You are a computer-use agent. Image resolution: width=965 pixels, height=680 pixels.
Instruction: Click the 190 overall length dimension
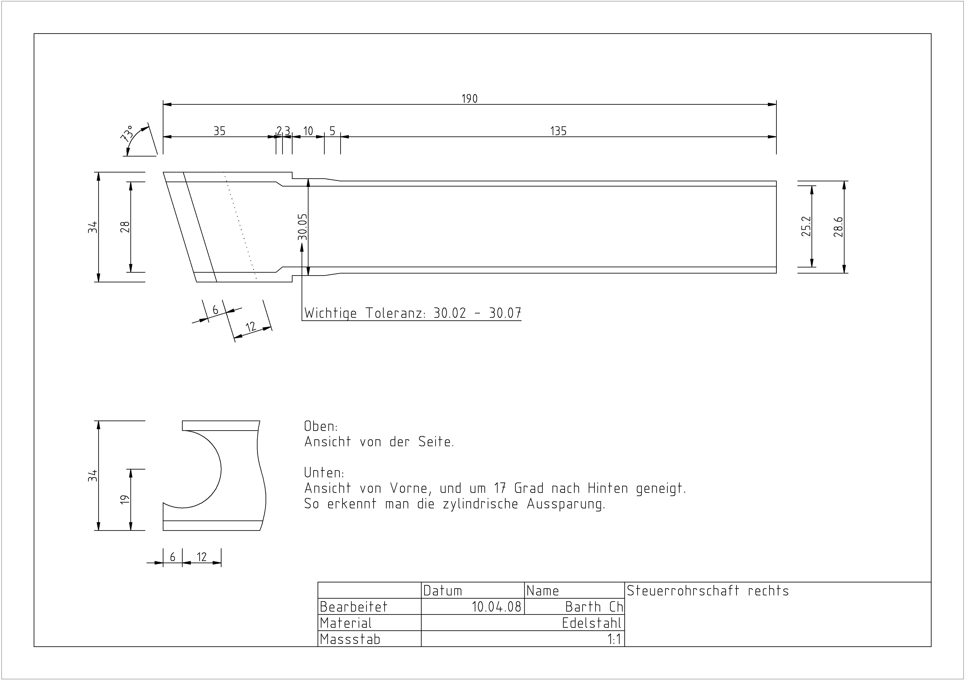(x=470, y=99)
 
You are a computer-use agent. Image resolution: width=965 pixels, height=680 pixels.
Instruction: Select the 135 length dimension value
(x=558, y=131)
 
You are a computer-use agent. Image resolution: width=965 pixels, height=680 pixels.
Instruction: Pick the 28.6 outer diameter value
(x=838, y=227)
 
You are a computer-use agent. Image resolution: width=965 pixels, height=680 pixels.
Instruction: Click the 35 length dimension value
(x=219, y=131)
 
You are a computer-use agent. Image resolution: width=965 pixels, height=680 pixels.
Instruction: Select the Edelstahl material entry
(x=591, y=623)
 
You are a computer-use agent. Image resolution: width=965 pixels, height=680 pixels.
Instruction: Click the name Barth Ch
(x=593, y=606)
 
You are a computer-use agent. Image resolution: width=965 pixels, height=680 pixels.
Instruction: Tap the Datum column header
(x=443, y=590)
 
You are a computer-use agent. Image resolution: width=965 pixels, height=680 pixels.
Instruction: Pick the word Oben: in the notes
(x=321, y=426)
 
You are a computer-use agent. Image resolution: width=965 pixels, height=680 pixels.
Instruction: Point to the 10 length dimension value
(x=308, y=131)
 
